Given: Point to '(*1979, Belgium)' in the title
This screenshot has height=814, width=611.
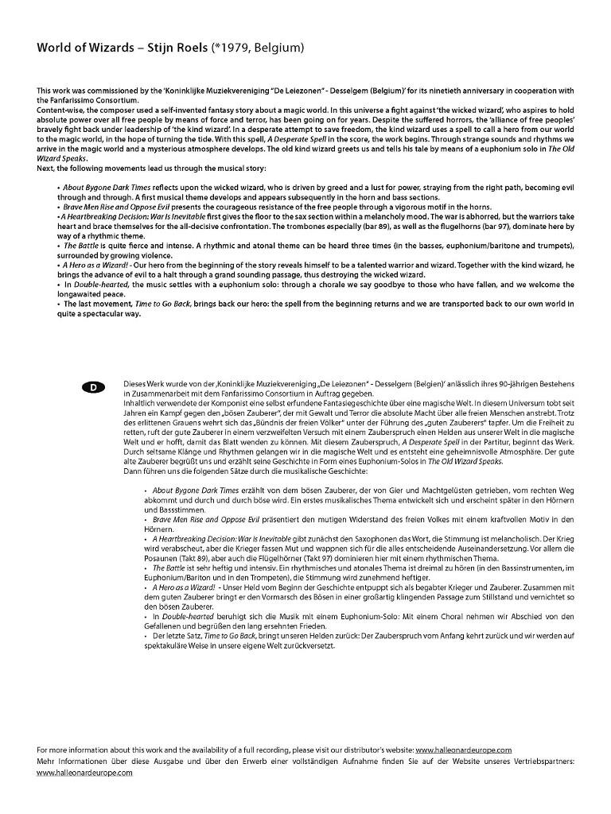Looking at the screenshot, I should pyautogui.click(x=258, y=48).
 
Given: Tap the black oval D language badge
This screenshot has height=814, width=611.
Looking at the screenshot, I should pyautogui.click(x=93, y=387).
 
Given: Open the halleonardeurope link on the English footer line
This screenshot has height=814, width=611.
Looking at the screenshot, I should pyautogui.click(x=463, y=750).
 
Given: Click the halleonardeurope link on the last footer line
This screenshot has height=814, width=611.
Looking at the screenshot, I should pyautogui.click(x=84, y=773).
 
